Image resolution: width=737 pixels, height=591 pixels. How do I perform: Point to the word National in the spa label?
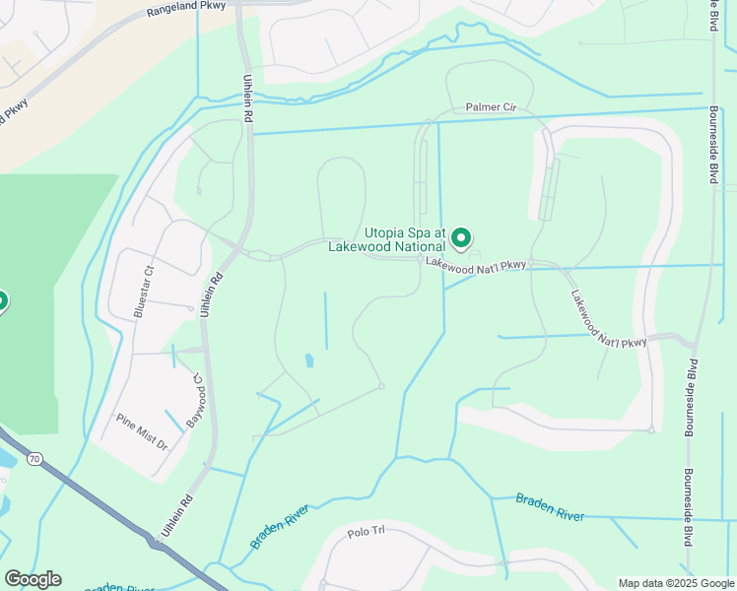coord(416,247)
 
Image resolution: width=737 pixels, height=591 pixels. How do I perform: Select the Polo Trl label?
coord(370,533)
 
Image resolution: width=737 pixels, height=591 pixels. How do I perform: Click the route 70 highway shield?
coord(35,458)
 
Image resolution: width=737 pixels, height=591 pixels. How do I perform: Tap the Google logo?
coord(33,579)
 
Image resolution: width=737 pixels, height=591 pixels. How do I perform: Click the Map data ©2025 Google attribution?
coord(675,583)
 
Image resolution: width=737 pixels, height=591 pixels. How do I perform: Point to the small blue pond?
coord(309,361)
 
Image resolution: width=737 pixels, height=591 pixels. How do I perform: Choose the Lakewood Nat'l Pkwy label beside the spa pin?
coord(478,264)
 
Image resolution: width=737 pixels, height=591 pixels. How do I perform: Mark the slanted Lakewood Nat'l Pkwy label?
coord(609,316)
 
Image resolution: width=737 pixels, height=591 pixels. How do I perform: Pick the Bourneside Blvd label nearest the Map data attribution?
coord(687,508)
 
